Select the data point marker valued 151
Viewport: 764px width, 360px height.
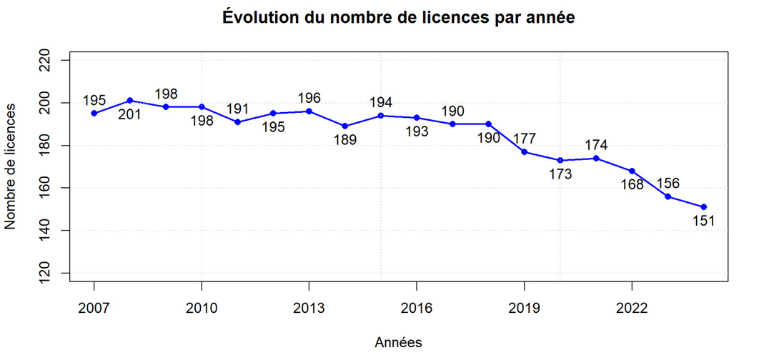(703, 207)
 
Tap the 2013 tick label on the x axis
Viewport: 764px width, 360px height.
(309, 308)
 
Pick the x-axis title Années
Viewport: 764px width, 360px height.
(398, 343)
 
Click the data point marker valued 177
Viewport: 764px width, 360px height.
(525, 152)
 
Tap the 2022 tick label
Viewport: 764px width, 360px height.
(632, 308)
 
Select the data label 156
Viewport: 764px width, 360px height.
(668, 182)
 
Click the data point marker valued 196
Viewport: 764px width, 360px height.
(309, 111)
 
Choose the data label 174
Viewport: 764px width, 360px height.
(596, 144)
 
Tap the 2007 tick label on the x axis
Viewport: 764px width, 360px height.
(94, 308)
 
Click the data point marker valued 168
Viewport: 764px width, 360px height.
(632, 171)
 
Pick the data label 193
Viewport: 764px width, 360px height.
(417, 131)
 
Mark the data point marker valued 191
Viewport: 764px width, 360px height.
(237, 122)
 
